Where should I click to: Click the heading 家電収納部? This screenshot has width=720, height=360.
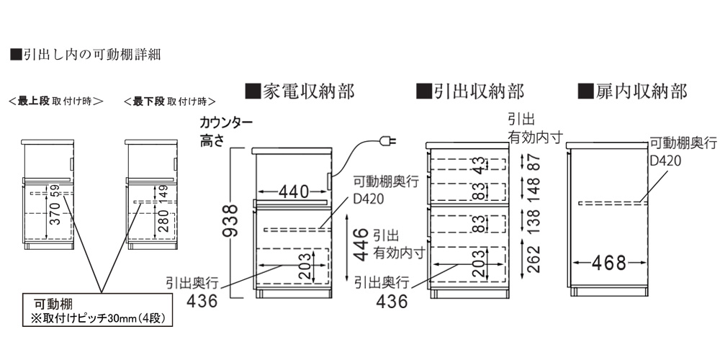(x=300, y=91)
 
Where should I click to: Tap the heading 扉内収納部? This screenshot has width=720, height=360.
(x=633, y=91)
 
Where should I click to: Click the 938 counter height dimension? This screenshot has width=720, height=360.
(x=231, y=220)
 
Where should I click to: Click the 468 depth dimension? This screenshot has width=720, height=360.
(x=609, y=263)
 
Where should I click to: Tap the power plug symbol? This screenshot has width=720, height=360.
(x=388, y=140)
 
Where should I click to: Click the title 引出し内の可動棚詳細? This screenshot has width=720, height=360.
(x=85, y=55)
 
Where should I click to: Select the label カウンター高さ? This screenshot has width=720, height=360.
(x=225, y=131)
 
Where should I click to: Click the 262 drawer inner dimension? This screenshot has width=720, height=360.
(x=533, y=259)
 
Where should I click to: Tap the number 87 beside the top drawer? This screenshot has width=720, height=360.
(x=533, y=163)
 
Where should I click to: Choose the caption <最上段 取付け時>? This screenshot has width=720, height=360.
(x=55, y=101)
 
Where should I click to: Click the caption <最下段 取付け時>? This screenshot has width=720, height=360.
(x=170, y=101)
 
